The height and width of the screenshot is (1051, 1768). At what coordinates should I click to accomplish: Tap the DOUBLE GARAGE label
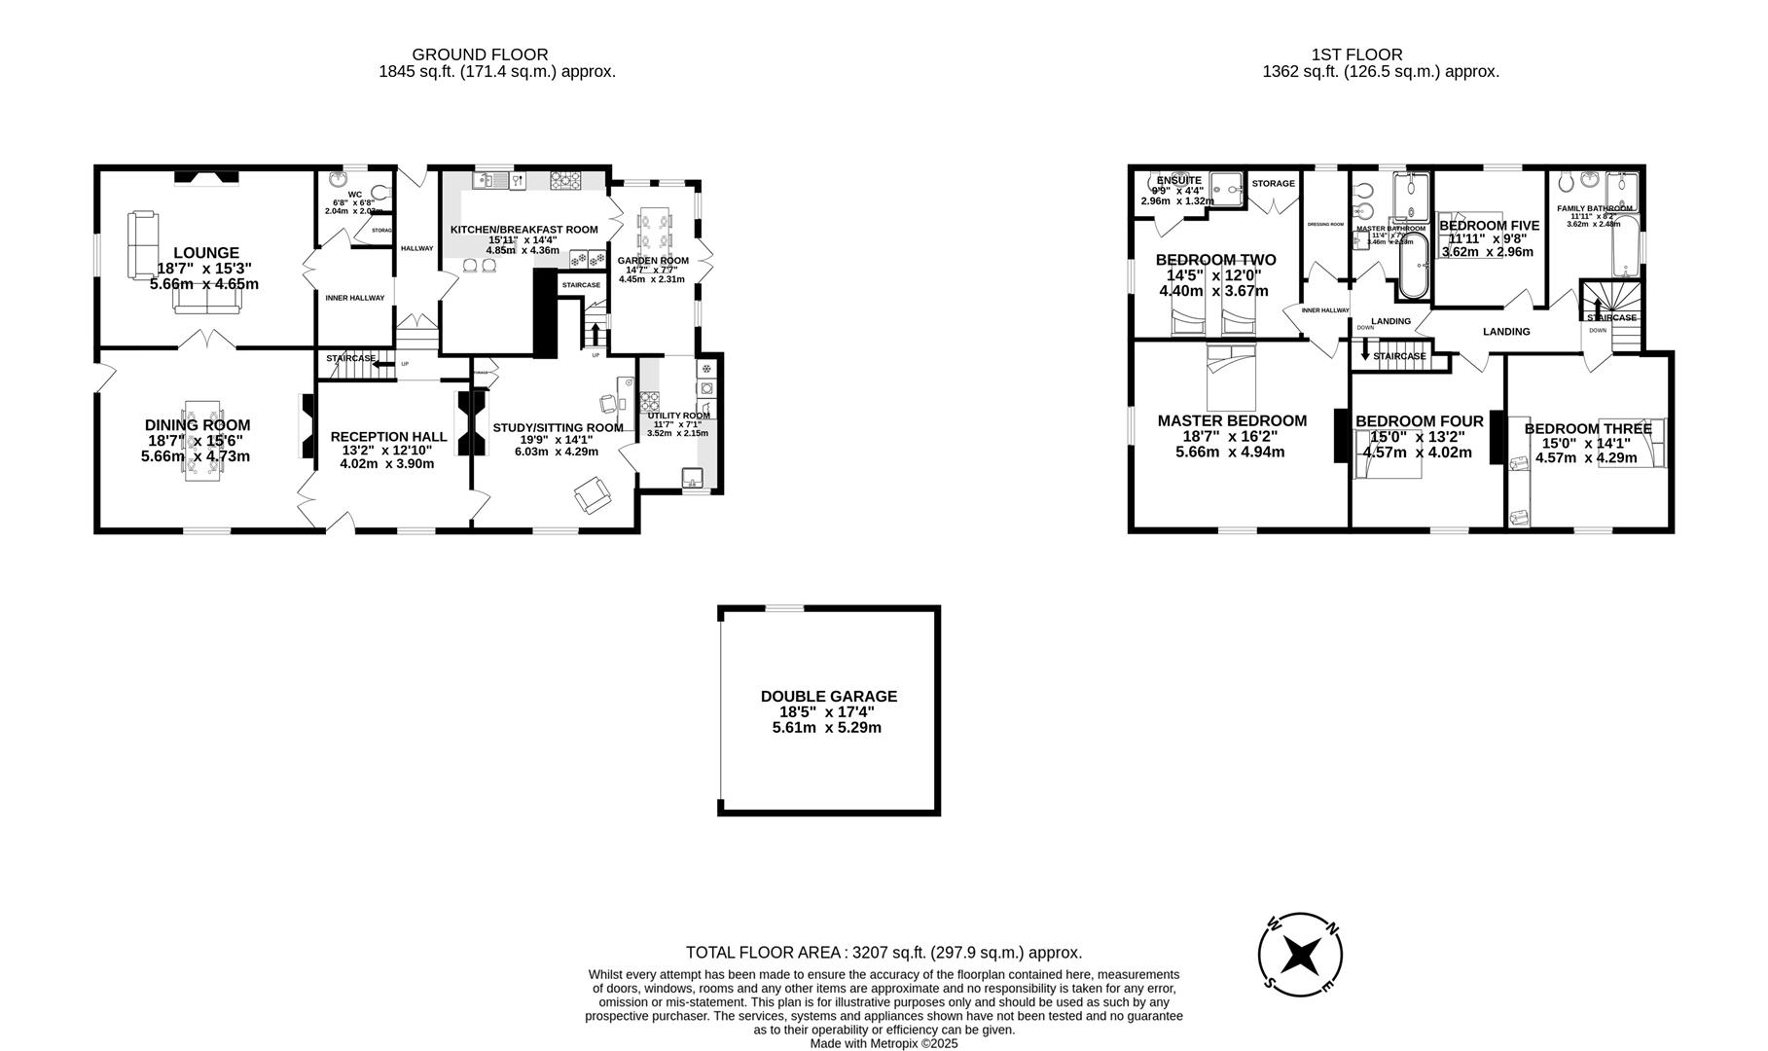828,697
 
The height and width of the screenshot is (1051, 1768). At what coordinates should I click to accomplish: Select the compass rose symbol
1300,956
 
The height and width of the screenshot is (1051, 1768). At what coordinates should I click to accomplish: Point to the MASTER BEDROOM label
1231,421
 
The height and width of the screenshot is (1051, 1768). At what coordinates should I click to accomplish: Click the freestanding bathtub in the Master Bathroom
1413,265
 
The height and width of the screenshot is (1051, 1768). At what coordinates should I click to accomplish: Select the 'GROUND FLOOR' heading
480,55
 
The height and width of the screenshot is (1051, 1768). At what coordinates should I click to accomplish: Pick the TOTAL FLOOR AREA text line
884,954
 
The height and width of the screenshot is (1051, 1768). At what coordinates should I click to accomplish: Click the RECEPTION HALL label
388,437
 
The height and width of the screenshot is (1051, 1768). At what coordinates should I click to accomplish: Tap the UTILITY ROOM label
678,416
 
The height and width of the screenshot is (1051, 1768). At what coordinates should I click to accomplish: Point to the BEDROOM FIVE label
1489,226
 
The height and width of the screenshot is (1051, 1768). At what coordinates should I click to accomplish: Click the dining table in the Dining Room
203,440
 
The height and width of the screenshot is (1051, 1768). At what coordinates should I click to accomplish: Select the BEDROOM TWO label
1215,260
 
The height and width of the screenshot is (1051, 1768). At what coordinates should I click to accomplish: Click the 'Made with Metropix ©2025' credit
884,1043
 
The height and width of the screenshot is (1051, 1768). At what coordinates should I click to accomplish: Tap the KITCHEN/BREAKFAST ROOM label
523,230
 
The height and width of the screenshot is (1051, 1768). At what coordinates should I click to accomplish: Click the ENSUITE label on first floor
1178,181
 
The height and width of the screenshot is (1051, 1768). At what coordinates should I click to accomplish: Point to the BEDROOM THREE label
1587,429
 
